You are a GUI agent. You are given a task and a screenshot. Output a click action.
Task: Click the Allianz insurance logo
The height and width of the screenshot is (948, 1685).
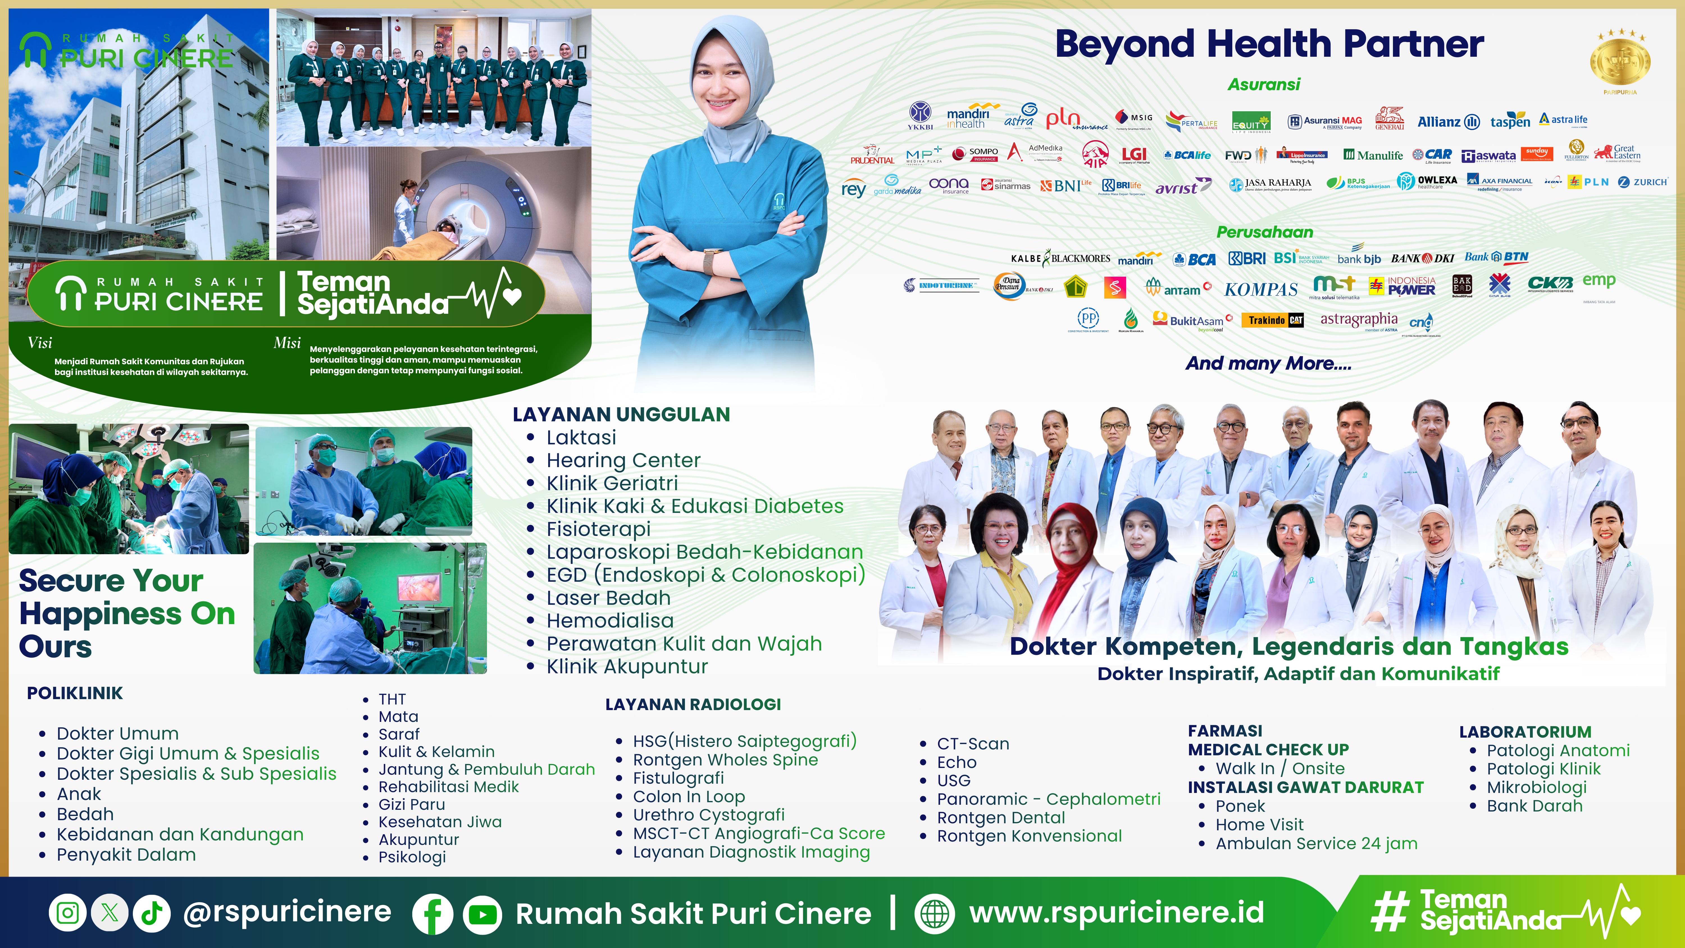1448,122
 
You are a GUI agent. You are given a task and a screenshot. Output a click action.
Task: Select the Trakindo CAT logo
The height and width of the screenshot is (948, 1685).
1276,320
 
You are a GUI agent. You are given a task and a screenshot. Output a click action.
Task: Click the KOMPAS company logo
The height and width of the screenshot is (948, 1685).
1260,289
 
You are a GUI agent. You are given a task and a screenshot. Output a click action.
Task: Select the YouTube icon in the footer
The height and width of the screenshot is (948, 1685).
482,914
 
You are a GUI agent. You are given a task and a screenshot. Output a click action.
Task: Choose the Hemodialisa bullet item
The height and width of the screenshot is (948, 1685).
610,620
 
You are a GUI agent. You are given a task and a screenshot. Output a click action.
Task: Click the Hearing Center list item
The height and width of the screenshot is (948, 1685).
623,460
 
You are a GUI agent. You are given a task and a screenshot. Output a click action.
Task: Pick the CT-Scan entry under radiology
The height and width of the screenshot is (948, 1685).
973,744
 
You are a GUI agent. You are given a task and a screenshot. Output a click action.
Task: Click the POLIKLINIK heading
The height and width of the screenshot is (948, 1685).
75,694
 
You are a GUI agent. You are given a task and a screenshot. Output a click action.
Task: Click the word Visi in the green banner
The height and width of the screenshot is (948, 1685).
40,343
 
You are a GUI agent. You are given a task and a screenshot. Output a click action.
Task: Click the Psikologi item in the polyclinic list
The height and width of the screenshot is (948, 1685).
412,857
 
